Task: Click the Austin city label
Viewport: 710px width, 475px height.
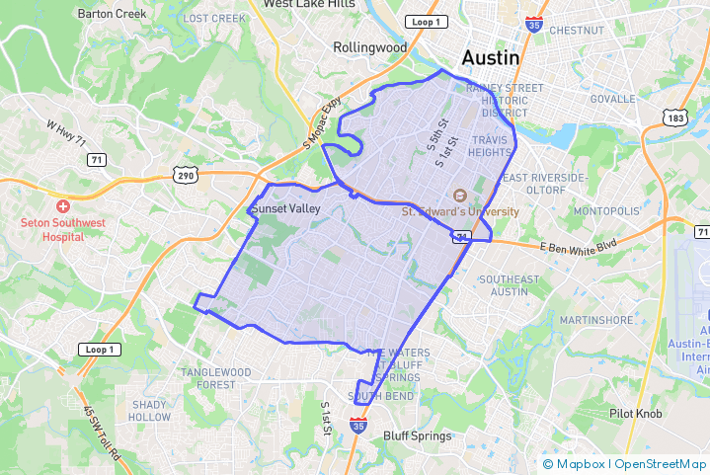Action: (x=498, y=57)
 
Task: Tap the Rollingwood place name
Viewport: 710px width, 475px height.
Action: (x=369, y=47)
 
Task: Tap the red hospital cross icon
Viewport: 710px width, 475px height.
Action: (x=63, y=206)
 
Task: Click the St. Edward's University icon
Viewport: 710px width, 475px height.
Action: (x=459, y=196)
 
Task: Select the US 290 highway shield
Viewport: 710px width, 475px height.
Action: (x=185, y=175)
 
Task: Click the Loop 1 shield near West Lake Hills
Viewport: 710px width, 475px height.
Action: (x=424, y=22)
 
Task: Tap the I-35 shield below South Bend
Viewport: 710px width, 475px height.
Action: (x=358, y=426)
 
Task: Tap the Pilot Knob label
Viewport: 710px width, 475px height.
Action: (x=636, y=414)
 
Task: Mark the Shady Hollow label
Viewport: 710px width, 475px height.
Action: (x=149, y=411)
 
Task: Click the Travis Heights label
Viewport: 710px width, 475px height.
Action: (x=489, y=146)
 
